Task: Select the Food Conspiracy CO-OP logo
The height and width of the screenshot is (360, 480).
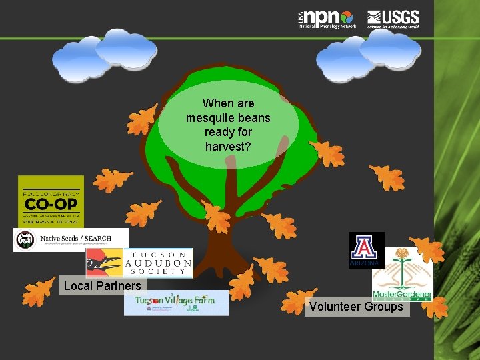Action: click(x=51, y=201)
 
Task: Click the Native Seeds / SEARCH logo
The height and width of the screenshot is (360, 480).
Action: click(x=71, y=239)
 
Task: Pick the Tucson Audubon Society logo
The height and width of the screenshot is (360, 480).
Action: click(x=139, y=263)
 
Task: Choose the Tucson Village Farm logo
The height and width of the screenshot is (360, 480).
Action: click(x=176, y=303)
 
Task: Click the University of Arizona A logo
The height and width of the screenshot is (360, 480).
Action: click(x=367, y=250)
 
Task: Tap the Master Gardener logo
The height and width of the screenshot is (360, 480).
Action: click(x=402, y=274)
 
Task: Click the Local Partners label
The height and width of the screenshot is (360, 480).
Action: click(x=102, y=286)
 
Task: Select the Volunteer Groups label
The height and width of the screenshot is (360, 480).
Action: click(x=356, y=307)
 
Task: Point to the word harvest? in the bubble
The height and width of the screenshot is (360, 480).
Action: click(x=228, y=145)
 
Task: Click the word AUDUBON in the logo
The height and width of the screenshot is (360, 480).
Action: click(x=158, y=264)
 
